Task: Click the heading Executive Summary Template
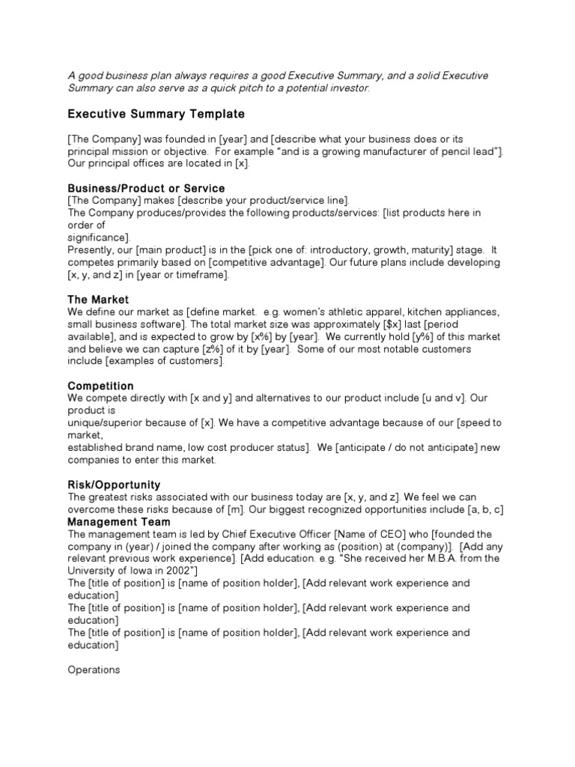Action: click(x=156, y=114)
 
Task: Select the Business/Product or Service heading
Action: click(x=146, y=188)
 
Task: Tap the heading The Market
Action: click(x=98, y=300)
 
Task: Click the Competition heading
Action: click(x=100, y=386)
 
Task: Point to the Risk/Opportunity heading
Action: click(x=114, y=485)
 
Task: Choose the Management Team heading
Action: click(x=118, y=521)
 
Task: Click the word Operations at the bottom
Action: click(x=94, y=670)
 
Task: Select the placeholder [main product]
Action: click(x=162, y=249)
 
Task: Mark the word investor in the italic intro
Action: click(x=349, y=88)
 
